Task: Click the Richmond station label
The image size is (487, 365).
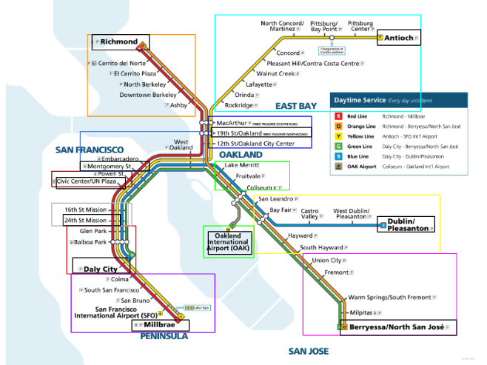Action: click(119, 41)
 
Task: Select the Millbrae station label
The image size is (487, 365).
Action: click(160, 325)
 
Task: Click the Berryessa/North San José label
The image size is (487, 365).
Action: click(397, 327)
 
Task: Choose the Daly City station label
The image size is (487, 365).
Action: click(101, 269)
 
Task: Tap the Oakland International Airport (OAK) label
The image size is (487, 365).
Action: click(229, 242)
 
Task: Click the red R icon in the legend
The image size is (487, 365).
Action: click(338, 116)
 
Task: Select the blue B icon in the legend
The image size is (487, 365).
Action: click(338, 156)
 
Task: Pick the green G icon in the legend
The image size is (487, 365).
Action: click(338, 147)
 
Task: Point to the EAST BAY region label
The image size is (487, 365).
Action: click(296, 106)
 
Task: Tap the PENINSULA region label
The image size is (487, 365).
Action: click(164, 336)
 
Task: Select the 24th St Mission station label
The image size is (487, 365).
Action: click(85, 220)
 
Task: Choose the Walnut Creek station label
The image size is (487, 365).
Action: click(275, 74)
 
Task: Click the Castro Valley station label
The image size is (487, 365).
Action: click(309, 215)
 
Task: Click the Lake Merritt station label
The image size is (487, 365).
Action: click(242, 164)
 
